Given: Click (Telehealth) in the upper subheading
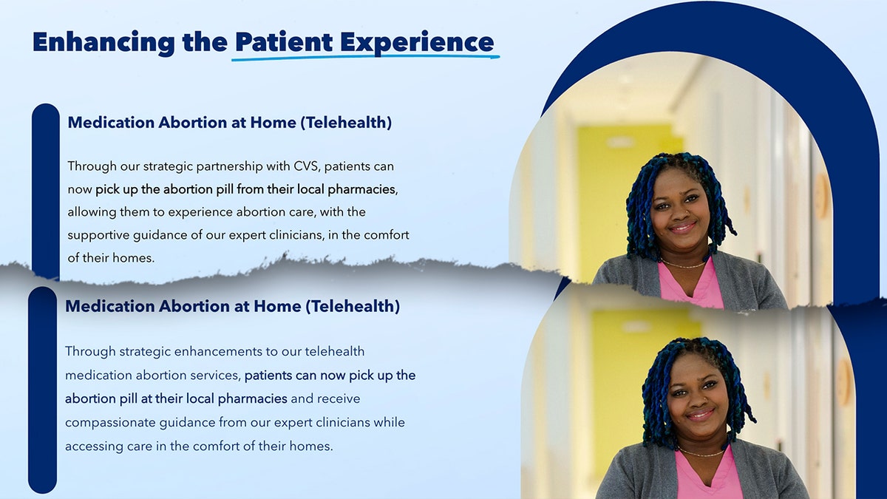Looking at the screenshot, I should (x=345, y=123).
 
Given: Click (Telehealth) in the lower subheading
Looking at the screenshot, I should (x=353, y=306).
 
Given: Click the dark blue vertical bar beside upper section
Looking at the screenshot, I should (x=45, y=185).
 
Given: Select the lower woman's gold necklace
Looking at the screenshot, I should (x=701, y=453).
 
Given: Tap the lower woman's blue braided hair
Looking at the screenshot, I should (x=654, y=392).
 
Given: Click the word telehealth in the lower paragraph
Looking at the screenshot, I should (x=334, y=351).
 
